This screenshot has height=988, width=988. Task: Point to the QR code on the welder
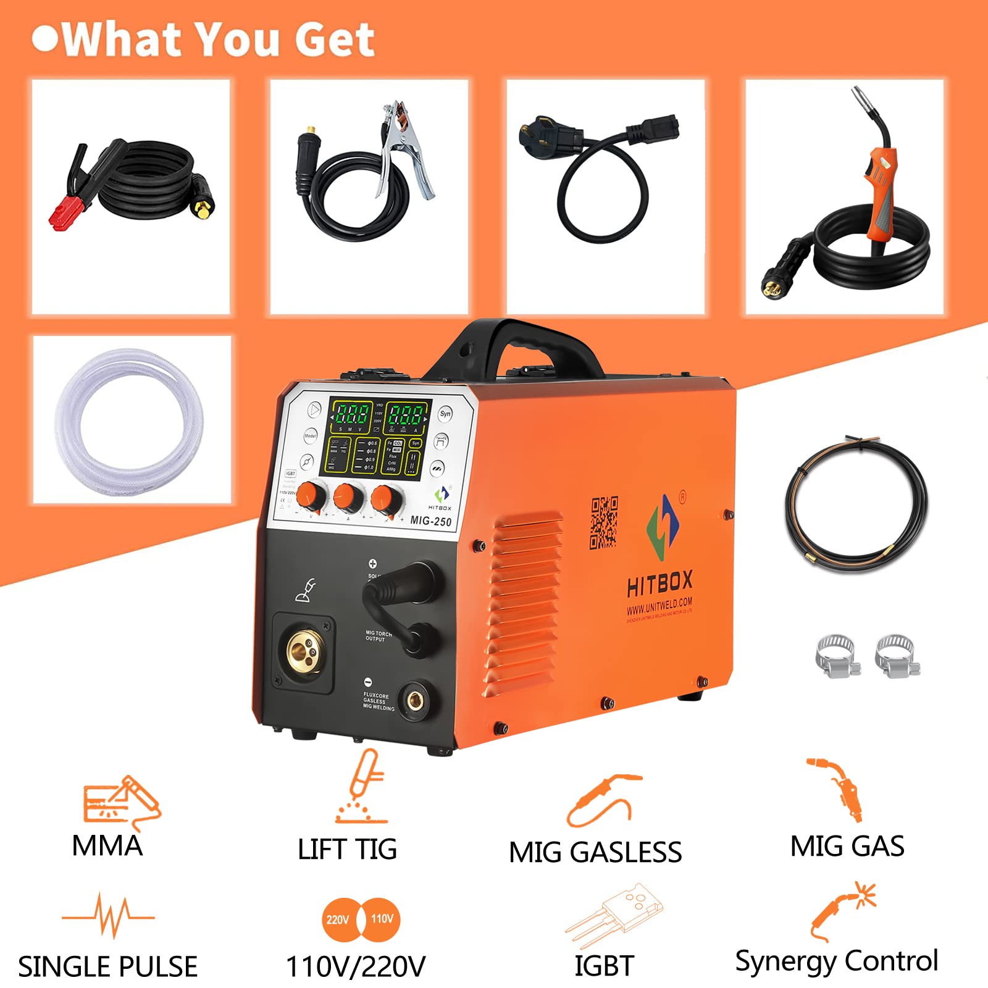click(x=603, y=522)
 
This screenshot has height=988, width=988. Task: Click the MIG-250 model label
click(x=430, y=521)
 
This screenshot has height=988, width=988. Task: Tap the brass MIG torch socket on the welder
click(x=304, y=651)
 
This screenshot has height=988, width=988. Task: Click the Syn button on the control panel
click(x=445, y=414)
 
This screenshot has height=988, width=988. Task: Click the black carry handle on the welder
click(x=519, y=346)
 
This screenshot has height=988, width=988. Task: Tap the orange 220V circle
click(x=338, y=919)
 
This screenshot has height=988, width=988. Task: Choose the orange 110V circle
click(x=382, y=919)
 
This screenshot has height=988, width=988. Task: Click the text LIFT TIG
click(x=347, y=849)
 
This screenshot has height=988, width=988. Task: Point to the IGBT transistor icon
click(x=614, y=914)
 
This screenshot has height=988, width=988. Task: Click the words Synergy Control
click(x=836, y=961)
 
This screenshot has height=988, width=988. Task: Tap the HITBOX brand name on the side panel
click(x=659, y=584)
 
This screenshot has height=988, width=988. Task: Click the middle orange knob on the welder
click(x=348, y=496)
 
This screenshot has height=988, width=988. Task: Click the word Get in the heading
click(x=334, y=40)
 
